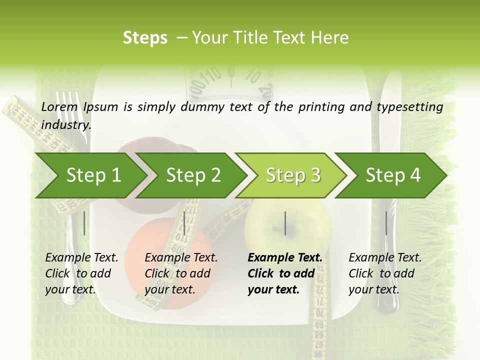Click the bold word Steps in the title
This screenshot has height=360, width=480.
[145, 38]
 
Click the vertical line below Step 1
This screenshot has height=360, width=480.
[84, 223]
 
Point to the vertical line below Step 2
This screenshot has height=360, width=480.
[184, 223]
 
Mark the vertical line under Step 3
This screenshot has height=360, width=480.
[285, 223]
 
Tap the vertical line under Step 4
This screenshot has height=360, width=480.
[386, 223]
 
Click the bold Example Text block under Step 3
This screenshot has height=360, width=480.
[285, 273]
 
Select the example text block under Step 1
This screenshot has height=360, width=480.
[81, 273]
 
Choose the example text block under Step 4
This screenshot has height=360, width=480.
[385, 273]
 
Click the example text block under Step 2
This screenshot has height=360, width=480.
[181, 273]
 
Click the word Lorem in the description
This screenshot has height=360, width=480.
[59, 106]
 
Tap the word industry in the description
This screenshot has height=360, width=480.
[65, 124]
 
